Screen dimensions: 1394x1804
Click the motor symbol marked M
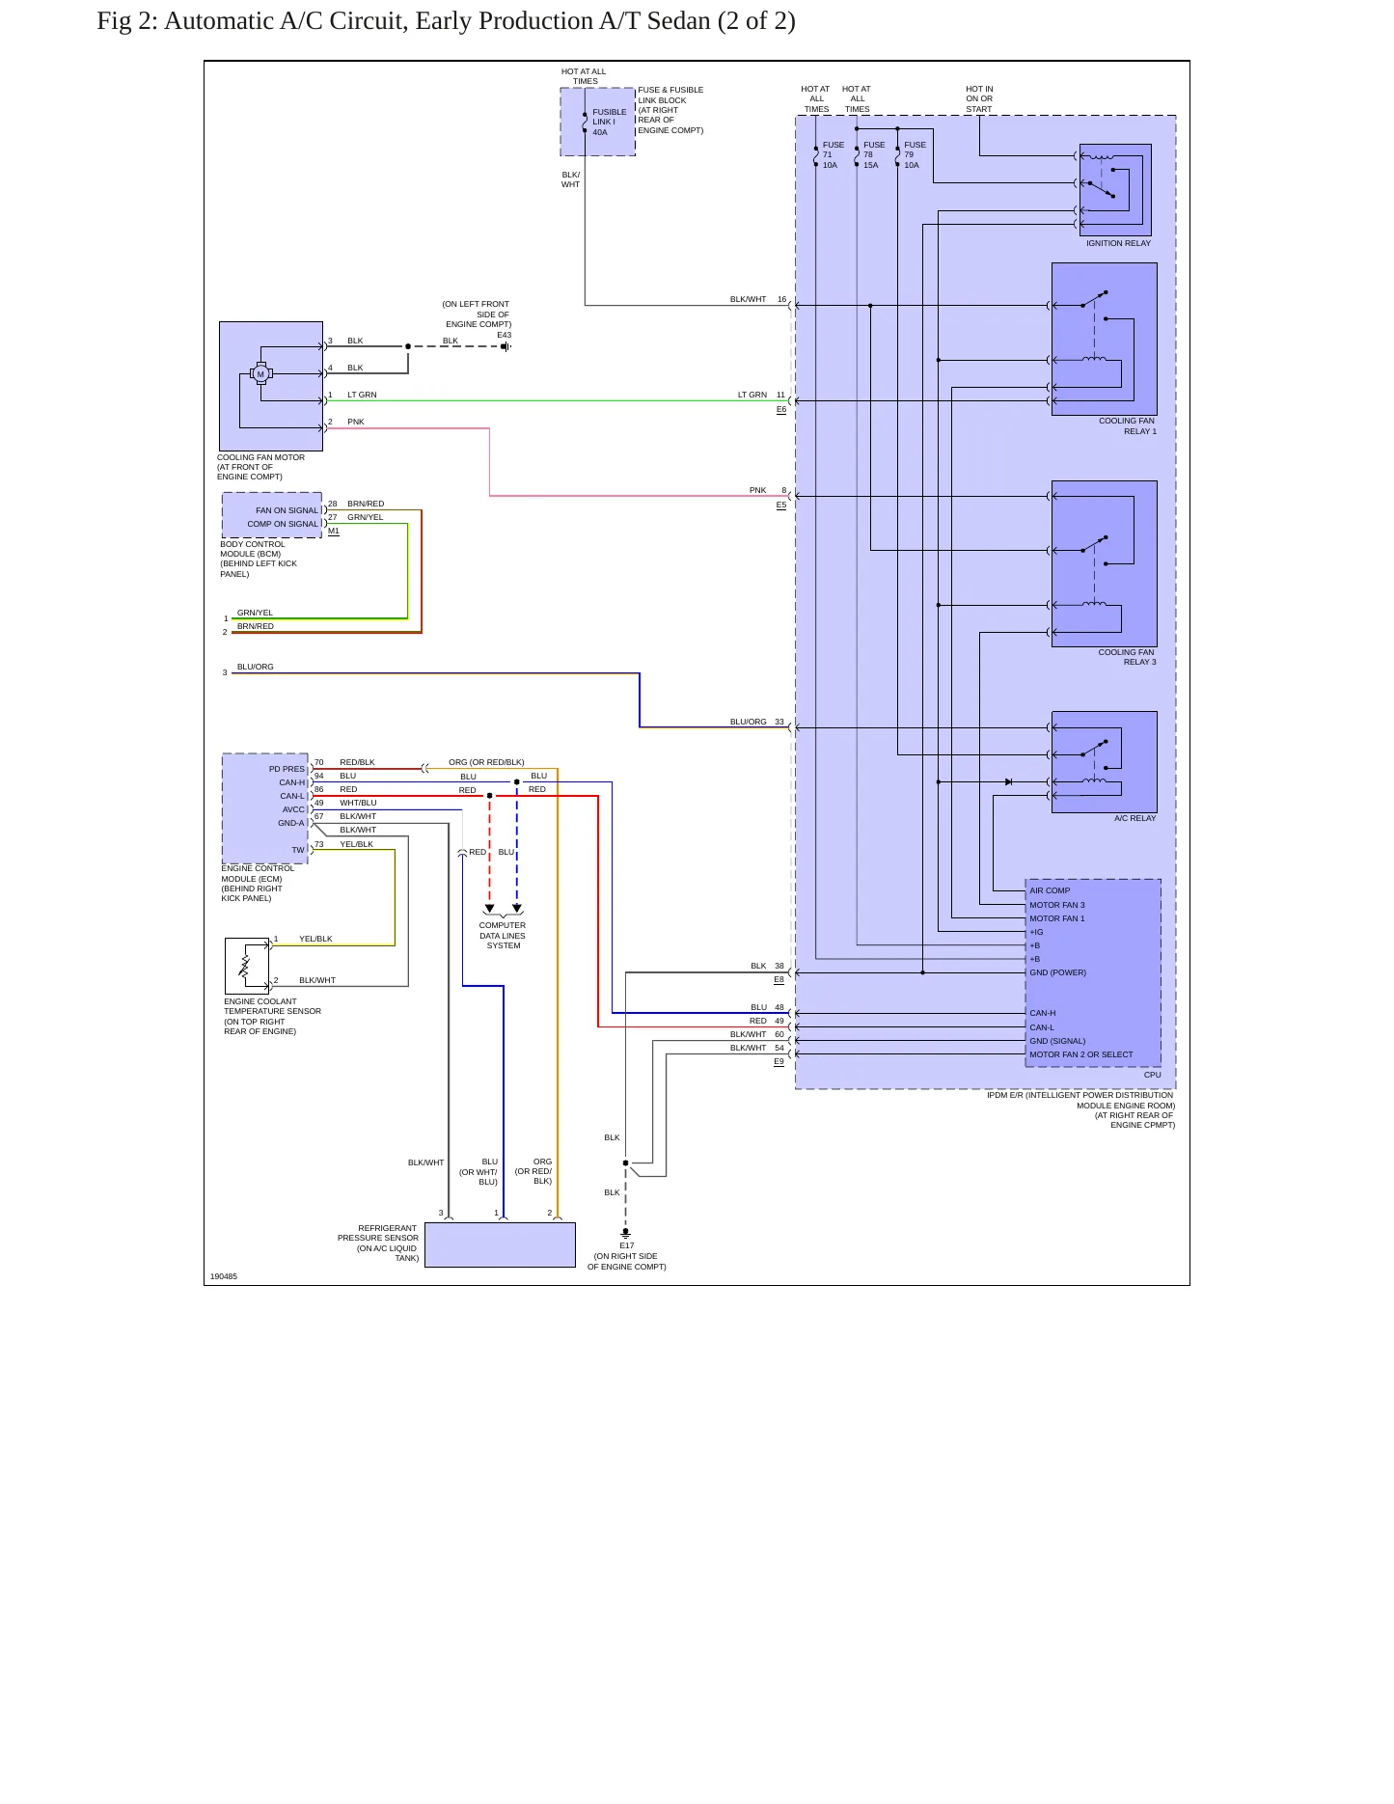260,374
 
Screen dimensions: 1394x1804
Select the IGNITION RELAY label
1118,243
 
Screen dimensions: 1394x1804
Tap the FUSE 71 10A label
833,155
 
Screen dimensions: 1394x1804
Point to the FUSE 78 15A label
873,155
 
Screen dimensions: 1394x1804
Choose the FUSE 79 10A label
915,155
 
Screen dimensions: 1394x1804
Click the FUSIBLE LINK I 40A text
609,123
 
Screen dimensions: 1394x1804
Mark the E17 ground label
627,1245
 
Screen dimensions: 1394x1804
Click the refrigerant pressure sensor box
500,1244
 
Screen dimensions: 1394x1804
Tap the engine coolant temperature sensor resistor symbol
245,966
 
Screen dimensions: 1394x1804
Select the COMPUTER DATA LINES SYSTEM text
503,936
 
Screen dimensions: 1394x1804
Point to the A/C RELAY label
1134,818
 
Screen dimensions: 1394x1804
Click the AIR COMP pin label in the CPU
1050,890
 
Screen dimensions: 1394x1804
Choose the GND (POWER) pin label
1057,972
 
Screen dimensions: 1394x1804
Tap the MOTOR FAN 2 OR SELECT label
1080,1054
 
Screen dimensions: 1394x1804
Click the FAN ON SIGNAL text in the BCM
287,510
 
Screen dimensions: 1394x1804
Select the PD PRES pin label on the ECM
287,769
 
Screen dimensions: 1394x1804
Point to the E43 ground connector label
504,335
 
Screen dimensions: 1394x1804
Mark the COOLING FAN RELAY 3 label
1127,657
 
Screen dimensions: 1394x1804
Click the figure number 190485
223,1276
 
